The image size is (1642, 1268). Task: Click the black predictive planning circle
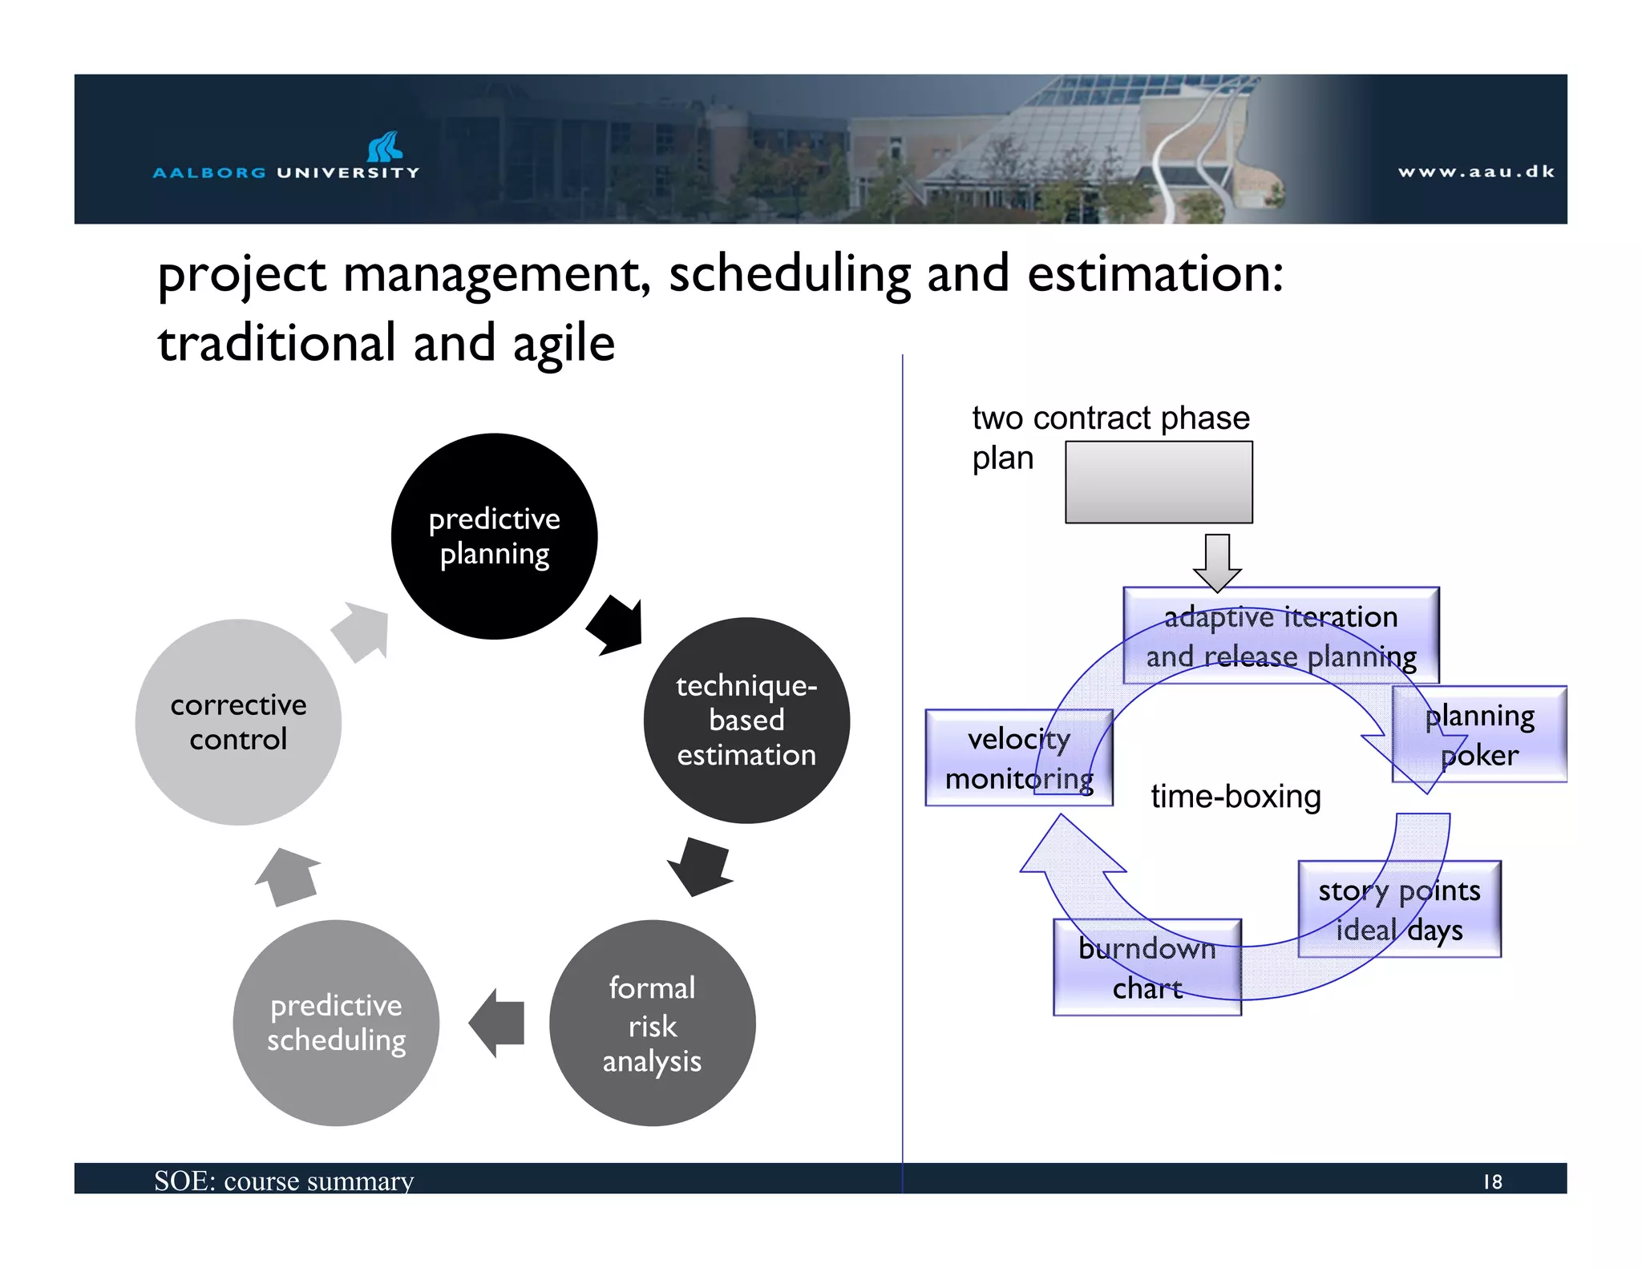[494, 536]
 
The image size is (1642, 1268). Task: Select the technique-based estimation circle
[746, 720]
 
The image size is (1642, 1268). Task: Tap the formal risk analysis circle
[652, 1023]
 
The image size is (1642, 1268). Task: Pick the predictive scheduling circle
[336, 1023]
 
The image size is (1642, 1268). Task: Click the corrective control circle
[238, 721]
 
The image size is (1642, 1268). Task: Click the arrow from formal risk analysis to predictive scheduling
[498, 1023]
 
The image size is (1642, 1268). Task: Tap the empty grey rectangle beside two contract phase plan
[1158, 482]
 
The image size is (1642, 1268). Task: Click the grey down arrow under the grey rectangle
[1217, 562]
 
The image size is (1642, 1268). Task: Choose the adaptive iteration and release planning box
[1280, 636]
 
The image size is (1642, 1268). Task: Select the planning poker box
[1479, 734]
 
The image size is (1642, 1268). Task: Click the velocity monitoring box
[1018, 757]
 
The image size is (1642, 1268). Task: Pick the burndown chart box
[1147, 967]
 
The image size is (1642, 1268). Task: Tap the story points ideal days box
[1399, 909]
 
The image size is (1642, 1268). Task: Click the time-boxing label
[1235, 797]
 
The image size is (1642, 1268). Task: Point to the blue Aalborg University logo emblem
[385, 147]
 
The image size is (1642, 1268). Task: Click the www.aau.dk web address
[1475, 172]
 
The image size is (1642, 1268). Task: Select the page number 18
[1492, 1181]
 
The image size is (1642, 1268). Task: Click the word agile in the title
[563, 344]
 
